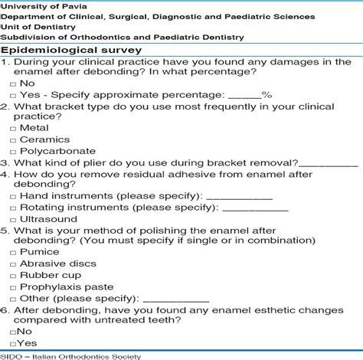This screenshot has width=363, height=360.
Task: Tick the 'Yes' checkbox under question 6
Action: pos(13,344)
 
